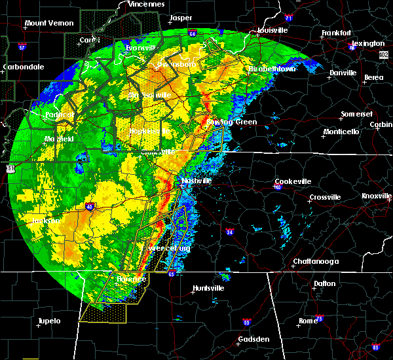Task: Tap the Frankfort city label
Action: [x=336, y=33]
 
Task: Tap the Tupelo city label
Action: [x=48, y=321]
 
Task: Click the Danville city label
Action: [x=342, y=73]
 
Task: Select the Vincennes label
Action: [x=145, y=4]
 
